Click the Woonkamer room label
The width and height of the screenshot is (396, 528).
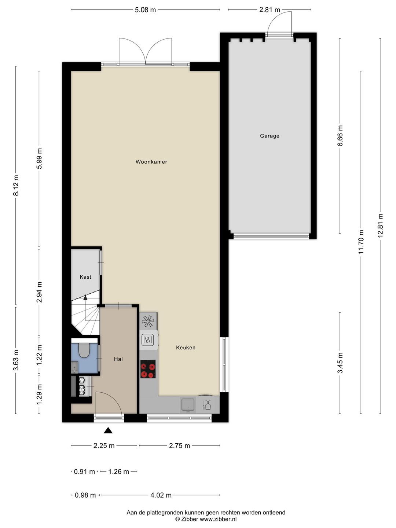click(151, 162)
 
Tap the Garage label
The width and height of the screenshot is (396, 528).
click(269, 136)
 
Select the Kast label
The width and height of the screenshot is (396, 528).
click(85, 277)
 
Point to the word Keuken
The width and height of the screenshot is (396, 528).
click(186, 348)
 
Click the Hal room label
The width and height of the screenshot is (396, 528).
click(118, 359)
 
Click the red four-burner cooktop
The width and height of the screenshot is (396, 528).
click(148, 369)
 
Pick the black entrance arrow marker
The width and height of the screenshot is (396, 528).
click(108, 430)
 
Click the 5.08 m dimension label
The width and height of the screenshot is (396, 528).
click(145, 10)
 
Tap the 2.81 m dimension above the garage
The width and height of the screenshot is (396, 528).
click(269, 10)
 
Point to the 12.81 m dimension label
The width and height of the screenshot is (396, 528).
click(380, 225)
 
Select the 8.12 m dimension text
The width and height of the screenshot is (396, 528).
click(16, 185)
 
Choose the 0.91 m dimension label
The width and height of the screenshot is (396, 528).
click(84, 472)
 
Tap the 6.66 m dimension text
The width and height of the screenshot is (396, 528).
click(340, 136)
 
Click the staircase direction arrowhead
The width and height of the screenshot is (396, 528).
click(85, 298)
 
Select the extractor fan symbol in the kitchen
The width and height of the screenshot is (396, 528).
click(148, 321)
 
